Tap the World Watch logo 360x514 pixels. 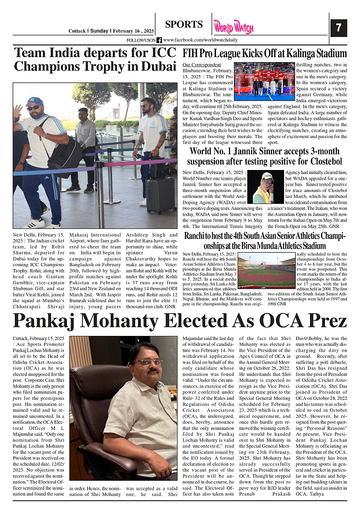234,27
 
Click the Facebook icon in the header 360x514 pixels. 159,40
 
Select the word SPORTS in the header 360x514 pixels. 184,25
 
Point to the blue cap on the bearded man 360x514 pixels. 34,101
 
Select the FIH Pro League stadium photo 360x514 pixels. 265,81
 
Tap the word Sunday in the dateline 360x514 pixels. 99,31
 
